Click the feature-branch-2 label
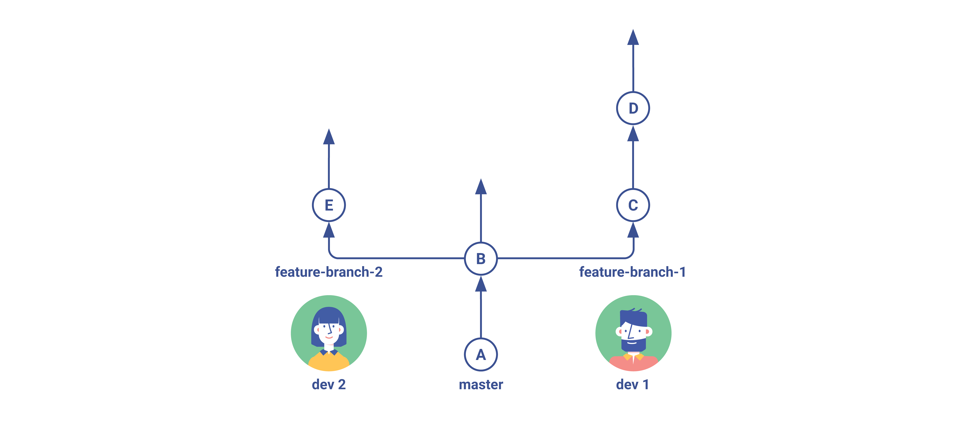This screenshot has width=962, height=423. [329, 272]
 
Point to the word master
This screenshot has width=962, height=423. [481, 385]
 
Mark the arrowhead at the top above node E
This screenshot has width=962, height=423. [329, 137]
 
